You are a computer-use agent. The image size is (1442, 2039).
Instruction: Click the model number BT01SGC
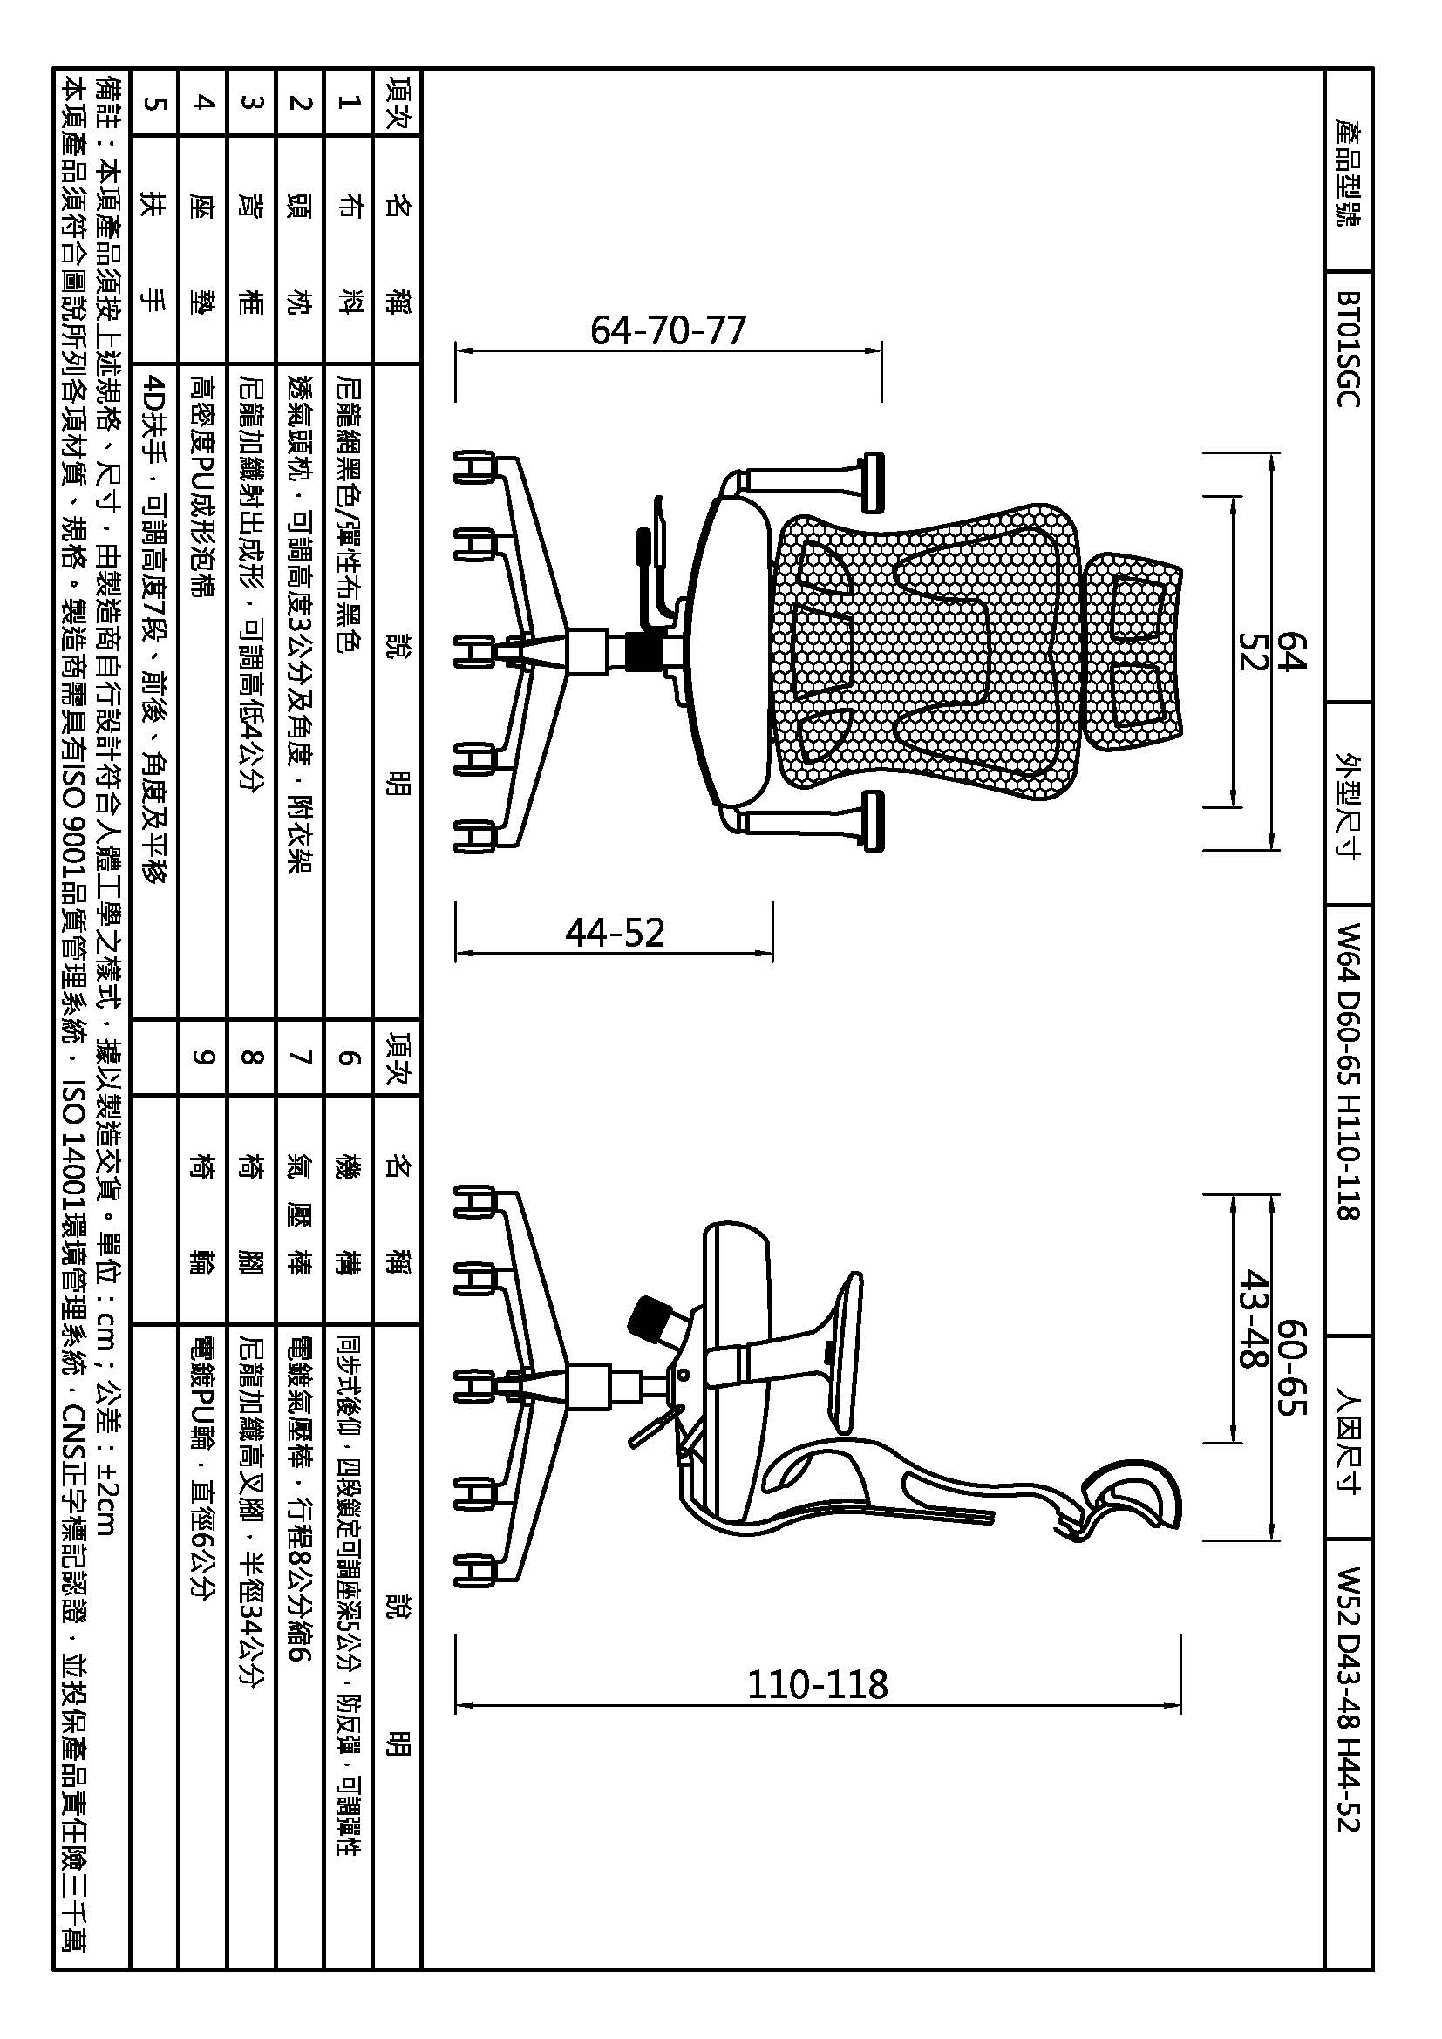tap(1348, 348)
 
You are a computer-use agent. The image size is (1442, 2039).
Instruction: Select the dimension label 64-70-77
tap(668, 330)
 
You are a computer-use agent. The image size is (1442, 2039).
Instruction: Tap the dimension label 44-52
tap(615, 933)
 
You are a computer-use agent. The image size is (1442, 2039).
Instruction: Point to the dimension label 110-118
tap(817, 1684)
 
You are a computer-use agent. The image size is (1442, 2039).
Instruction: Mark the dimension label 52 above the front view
tap(1252, 651)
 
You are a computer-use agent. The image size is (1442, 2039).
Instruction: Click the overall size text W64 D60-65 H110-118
tap(1348, 1071)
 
